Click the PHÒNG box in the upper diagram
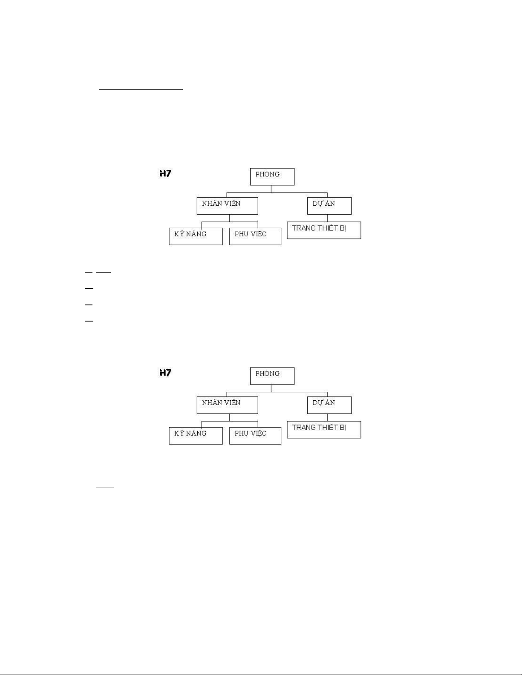point(272,176)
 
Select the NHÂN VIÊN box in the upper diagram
point(227,205)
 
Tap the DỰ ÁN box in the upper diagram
point(329,205)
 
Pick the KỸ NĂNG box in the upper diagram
point(196,236)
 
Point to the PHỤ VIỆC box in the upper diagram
point(255,236)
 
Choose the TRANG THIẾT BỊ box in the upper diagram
point(324,230)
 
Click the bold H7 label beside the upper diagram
point(165,173)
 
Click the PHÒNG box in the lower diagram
point(272,376)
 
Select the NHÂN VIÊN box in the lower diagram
point(227,405)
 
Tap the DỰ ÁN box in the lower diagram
point(329,405)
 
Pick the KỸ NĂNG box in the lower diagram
point(196,436)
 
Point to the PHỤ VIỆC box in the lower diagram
point(255,436)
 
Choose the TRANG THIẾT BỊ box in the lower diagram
point(324,429)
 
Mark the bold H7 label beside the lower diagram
point(165,373)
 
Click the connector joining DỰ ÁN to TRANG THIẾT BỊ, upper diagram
point(327,218)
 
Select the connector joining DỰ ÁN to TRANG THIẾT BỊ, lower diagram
point(327,417)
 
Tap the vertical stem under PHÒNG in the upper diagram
point(271,189)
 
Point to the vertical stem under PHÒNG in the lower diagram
point(271,388)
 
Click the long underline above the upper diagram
point(141,90)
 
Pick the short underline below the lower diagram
point(105,487)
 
